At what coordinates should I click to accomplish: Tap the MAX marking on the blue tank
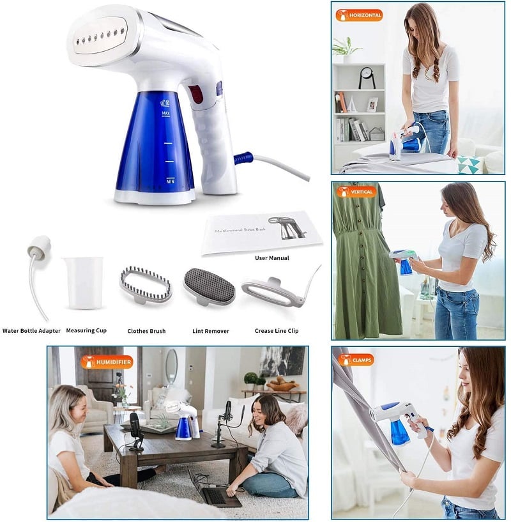point(166,114)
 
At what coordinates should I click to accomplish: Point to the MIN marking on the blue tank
point(171,181)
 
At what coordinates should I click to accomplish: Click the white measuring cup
point(84,283)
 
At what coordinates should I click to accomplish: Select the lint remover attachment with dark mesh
point(209,287)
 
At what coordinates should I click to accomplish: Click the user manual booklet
point(261,232)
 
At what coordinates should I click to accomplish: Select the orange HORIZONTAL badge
point(359,15)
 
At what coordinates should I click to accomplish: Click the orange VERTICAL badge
point(356,192)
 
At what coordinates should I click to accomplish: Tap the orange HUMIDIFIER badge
point(107,362)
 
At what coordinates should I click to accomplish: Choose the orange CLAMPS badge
point(356,360)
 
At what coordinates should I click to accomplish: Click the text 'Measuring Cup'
point(86,330)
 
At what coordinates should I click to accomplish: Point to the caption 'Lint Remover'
point(211,331)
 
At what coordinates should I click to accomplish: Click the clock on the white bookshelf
point(367,77)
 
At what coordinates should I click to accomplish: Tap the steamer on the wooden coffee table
point(184,420)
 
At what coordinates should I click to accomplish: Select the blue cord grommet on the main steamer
point(243,157)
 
